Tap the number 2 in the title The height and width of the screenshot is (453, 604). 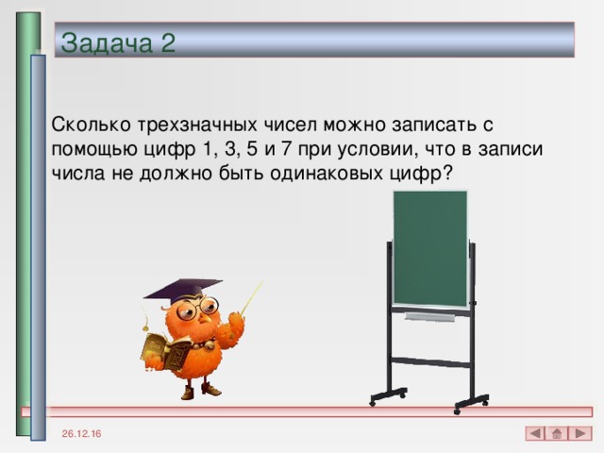[x=167, y=42]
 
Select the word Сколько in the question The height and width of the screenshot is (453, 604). [x=92, y=125]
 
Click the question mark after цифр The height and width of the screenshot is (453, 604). [x=445, y=176]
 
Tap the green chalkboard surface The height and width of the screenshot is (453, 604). [x=429, y=248]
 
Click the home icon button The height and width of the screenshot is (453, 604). [x=558, y=433]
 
